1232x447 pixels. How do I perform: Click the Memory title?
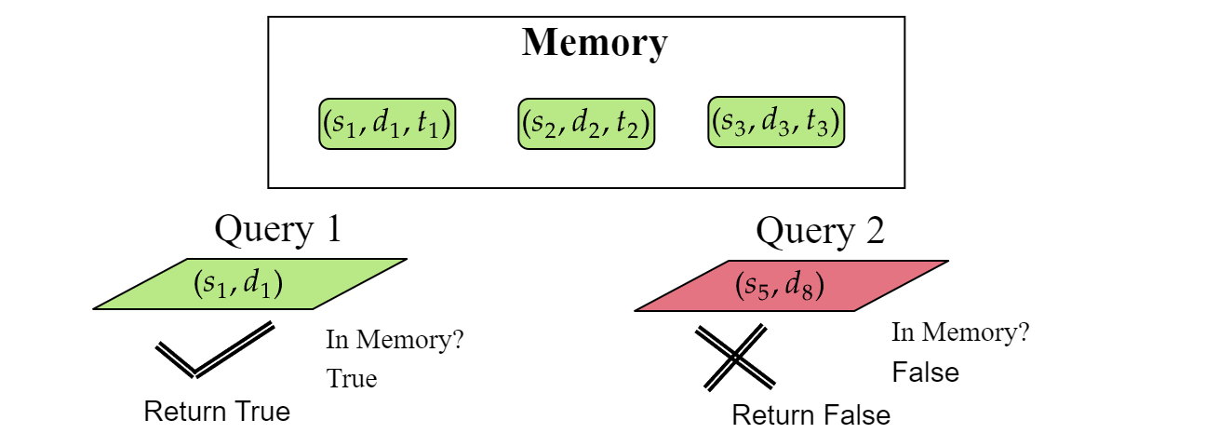594,43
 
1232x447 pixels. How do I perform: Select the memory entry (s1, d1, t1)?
387,123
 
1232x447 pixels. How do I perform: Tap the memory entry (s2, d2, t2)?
586,123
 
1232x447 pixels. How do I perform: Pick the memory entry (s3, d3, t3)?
776,121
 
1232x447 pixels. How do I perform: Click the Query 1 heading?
277,229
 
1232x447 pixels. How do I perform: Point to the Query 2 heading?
820,231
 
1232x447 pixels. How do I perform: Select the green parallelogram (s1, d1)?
249,283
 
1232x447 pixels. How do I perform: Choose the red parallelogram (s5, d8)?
791,284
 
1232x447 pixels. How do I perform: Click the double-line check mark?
214,349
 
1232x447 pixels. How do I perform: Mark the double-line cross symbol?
735,357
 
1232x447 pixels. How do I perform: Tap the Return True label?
217,411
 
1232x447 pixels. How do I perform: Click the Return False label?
810,414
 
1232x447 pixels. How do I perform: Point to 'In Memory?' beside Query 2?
960,332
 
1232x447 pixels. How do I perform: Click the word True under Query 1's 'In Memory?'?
352,379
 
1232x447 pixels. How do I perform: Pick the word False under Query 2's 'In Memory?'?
925,372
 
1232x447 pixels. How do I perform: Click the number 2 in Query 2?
873,231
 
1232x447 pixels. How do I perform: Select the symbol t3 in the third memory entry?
822,123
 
